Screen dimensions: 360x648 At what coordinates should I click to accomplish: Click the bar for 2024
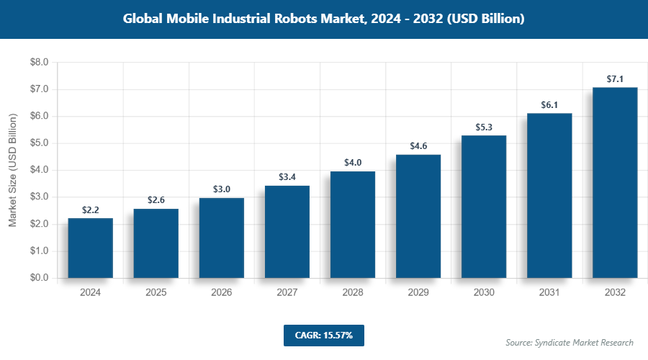pos(90,248)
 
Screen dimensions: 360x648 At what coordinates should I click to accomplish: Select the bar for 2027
pos(287,232)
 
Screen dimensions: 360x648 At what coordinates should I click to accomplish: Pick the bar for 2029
pos(418,216)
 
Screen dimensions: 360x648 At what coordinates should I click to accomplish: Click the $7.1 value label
pos(615,78)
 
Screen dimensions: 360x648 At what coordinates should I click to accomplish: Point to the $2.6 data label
pos(156,199)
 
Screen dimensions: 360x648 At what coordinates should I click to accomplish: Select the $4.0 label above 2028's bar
pos(353,162)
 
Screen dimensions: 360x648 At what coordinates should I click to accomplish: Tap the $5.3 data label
pos(484,127)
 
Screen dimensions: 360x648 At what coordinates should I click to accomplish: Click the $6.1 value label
pos(549,105)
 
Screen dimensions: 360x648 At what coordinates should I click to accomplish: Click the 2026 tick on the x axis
pos(222,293)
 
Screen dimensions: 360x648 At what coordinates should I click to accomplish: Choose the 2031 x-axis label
pos(549,293)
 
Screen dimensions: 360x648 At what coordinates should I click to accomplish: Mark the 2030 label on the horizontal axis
pos(484,293)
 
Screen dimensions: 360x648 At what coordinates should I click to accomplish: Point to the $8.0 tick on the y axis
pos(39,63)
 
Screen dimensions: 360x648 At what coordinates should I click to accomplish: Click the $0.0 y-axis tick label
pos(39,278)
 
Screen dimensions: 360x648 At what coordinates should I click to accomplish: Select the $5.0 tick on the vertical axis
pos(39,143)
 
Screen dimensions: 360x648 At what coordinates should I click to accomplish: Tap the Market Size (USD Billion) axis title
pos(12,170)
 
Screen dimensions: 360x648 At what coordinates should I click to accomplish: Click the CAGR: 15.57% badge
pos(324,335)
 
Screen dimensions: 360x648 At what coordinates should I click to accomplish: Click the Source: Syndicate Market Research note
pos(570,342)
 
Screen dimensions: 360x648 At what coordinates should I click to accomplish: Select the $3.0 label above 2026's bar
pos(222,189)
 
